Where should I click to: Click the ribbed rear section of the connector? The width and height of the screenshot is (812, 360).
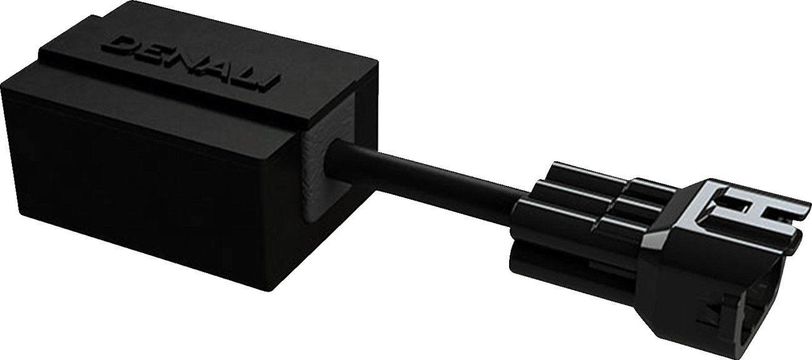(581, 212)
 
